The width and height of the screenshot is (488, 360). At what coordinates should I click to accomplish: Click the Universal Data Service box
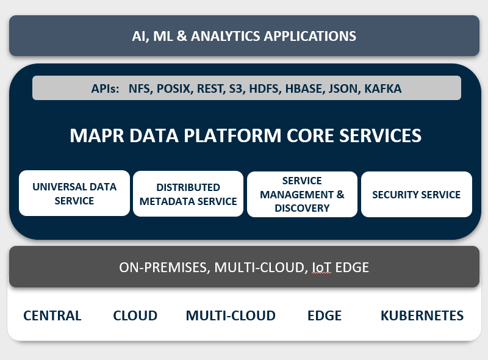74,193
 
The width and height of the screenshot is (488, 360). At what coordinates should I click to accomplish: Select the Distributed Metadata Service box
188,193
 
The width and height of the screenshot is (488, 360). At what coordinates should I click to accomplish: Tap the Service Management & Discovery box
302,194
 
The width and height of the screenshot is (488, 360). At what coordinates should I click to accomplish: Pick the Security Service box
417,194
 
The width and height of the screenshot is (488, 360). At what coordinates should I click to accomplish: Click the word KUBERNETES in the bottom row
422,315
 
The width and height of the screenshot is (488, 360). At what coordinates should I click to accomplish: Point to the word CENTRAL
52,315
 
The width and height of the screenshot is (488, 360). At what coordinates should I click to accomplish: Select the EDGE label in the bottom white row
325,315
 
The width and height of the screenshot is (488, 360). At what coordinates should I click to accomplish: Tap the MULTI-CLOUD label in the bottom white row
231,315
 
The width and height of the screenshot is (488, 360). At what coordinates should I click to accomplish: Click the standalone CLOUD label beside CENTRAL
135,315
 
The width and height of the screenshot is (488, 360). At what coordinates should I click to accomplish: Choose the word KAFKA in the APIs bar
383,88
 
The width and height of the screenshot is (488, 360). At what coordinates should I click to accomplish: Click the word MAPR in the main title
97,135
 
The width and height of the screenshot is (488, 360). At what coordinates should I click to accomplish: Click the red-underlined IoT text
321,267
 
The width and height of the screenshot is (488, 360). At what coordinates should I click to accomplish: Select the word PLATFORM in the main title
232,135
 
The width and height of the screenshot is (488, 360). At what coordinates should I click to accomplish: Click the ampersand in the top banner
182,36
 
